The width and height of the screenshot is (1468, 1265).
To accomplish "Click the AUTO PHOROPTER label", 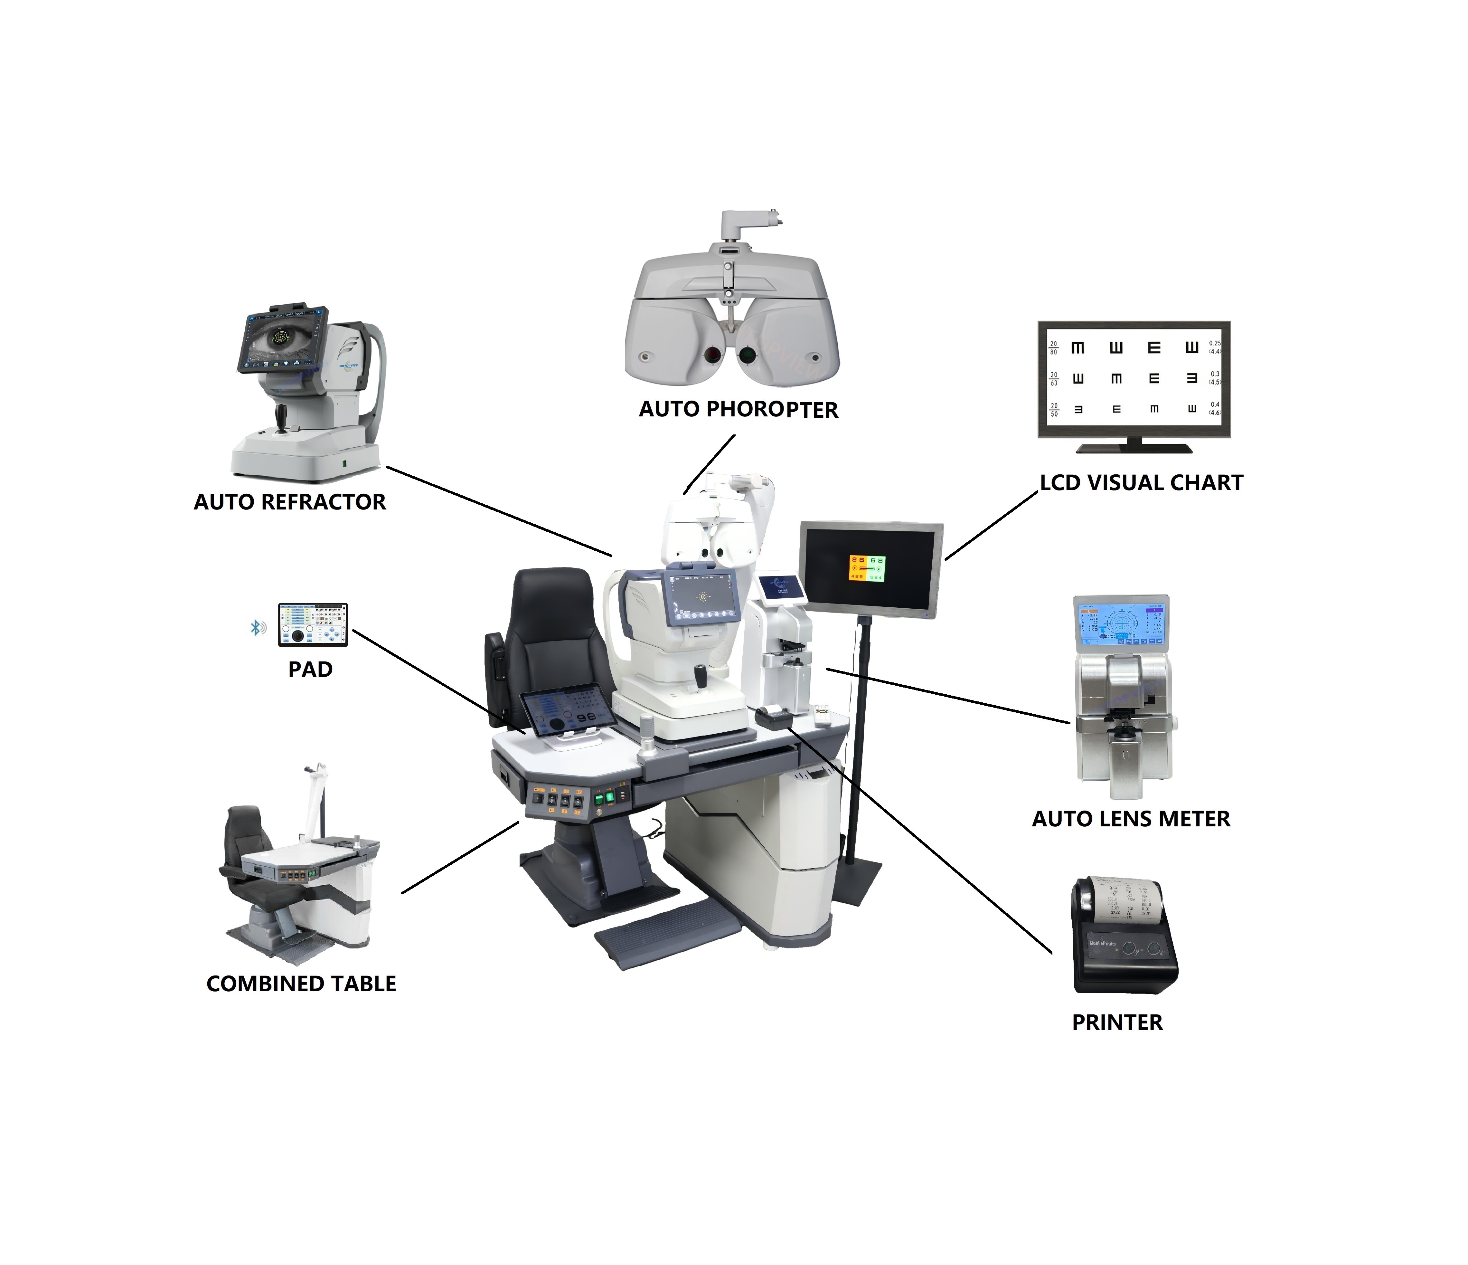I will coord(738,410).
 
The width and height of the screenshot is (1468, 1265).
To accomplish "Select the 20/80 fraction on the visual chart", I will coord(1054,348).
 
